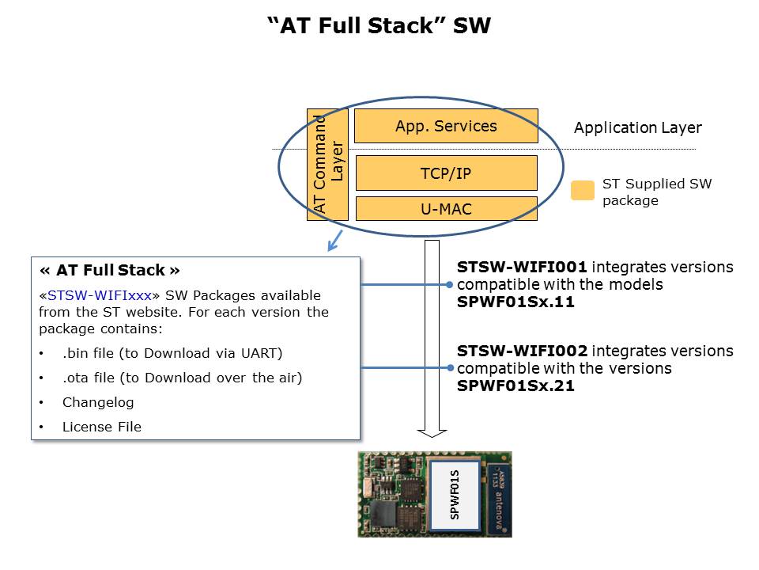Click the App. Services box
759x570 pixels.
point(446,126)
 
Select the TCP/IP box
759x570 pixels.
point(446,173)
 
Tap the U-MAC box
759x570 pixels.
point(446,209)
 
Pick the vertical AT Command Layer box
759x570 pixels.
point(327,165)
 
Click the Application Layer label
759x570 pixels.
point(637,128)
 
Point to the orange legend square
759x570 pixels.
point(583,191)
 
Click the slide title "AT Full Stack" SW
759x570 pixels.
point(379,26)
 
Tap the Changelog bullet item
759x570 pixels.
point(98,402)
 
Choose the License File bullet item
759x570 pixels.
point(101,427)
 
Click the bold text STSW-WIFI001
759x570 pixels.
point(523,268)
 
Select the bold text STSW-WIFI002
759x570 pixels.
point(523,351)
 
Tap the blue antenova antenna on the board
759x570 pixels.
point(497,494)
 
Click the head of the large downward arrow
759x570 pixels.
point(432,431)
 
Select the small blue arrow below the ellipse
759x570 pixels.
point(334,240)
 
